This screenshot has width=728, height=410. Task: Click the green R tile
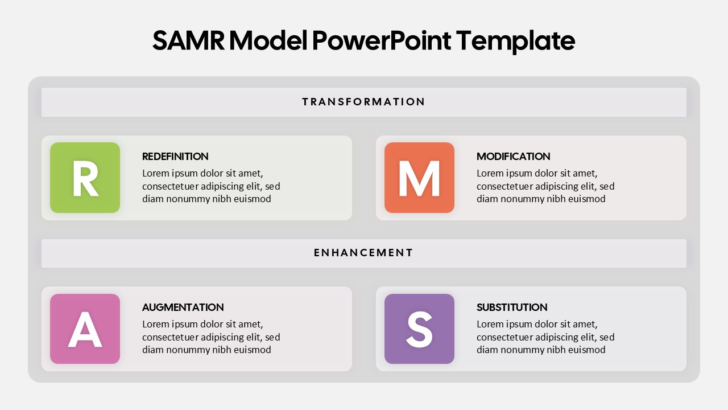click(85, 178)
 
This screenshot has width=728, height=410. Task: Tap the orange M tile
click(419, 178)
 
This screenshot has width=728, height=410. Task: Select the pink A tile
click(85, 329)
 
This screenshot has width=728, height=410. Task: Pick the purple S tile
click(419, 329)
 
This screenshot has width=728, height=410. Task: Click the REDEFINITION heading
click(175, 157)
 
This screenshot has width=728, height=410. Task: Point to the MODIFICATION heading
click(513, 157)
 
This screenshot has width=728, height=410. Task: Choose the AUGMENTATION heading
click(183, 307)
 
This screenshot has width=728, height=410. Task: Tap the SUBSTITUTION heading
click(512, 307)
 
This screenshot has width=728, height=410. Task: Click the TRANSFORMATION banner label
click(363, 102)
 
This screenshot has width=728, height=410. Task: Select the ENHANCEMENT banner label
click(363, 253)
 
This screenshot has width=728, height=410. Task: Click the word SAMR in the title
click(188, 41)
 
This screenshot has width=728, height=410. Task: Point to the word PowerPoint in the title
click(382, 41)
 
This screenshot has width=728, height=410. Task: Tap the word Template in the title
click(515, 42)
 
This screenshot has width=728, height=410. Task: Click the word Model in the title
click(268, 41)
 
